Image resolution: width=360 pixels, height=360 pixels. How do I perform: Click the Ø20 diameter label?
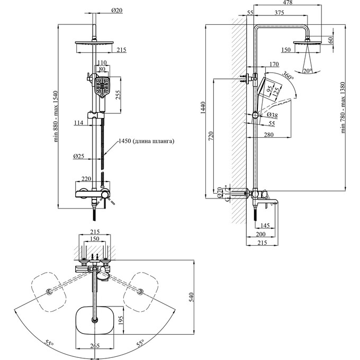point(117,11)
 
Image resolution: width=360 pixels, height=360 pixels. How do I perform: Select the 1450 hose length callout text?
point(146,141)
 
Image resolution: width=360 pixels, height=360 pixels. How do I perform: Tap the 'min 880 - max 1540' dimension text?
point(56,116)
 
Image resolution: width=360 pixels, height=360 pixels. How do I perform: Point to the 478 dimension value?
point(287,2)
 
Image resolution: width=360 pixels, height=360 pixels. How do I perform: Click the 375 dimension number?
point(279,12)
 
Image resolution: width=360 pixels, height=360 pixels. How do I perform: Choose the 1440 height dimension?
point(203,108)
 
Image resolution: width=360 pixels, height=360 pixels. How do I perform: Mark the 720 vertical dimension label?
point(211,136)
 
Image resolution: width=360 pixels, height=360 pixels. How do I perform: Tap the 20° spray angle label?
point(308,71)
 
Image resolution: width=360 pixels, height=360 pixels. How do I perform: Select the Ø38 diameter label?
point(272,115)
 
